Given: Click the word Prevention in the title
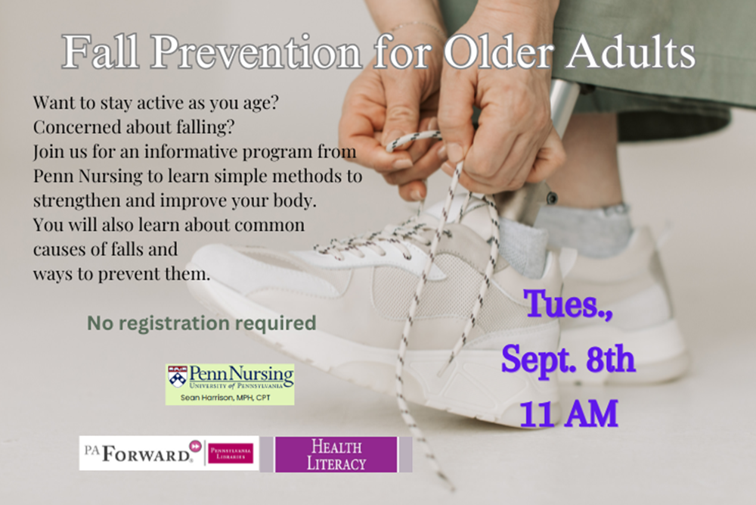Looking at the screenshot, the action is [x=256, y=52].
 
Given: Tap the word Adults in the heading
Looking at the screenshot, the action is [x=631, y=51].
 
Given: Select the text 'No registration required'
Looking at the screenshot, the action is [x=202, y=323].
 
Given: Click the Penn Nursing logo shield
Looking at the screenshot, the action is [x=178, y=376].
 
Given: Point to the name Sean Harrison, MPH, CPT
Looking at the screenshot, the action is [x=225, y=397].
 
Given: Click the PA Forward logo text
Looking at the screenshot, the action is [x=138, y=454].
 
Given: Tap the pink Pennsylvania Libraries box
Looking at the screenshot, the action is [x=231, y=454].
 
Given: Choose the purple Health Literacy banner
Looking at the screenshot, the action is [x=336, y=454].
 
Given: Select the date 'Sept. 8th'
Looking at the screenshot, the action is [x=569, y=360].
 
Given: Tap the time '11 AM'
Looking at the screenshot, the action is [x=569, y=414].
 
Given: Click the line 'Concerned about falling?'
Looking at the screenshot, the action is [x=134, y=127].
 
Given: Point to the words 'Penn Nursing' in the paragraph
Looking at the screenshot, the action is [x=88, y=176].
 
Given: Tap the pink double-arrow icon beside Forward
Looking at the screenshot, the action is [x=195, y=446].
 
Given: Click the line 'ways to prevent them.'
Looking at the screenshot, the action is [x=122, y=274].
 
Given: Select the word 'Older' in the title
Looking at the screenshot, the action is [x=498, y=51].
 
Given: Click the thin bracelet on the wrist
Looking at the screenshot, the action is [x=414, y=25].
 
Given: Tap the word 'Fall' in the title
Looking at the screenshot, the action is [x=101, y=51].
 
